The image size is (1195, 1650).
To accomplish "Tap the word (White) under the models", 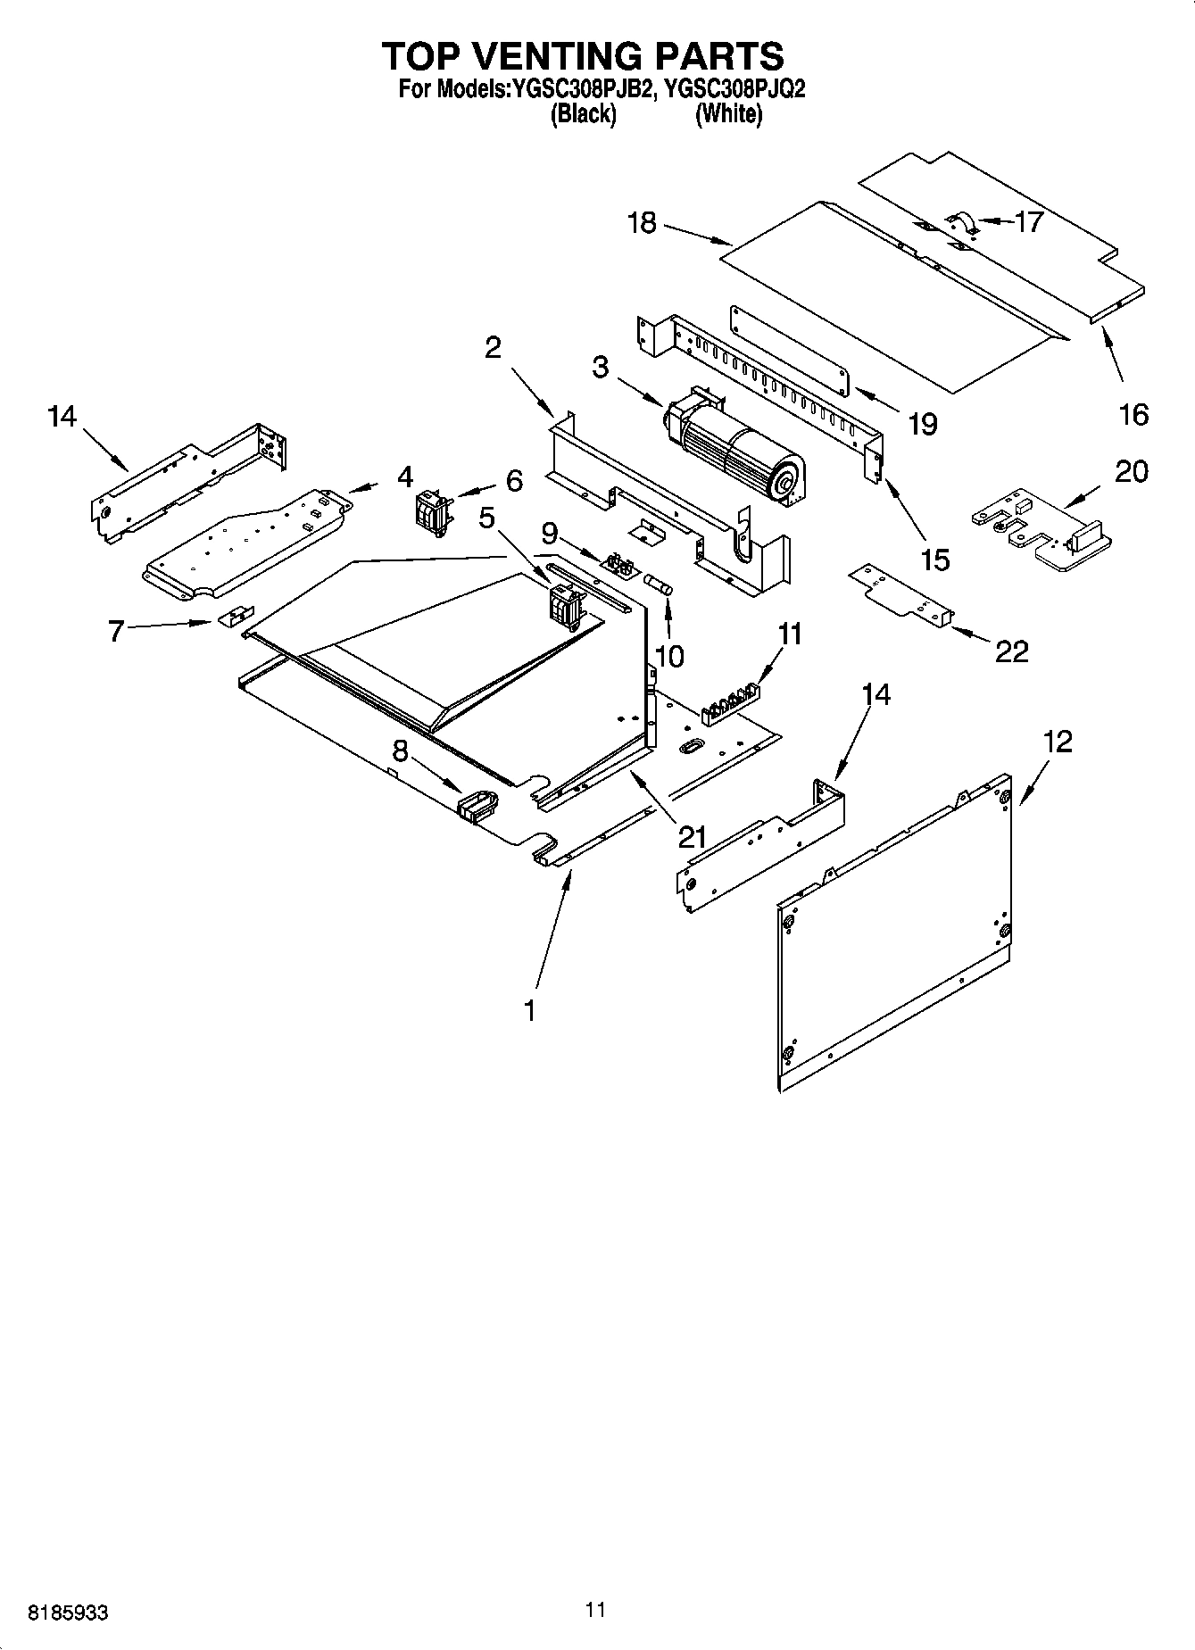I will [x=728, y=114].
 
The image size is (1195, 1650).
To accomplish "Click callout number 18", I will [x=642, y=223].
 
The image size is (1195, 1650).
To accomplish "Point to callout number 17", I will [x=1028, y=221].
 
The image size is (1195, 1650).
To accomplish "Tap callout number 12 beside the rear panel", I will [x=1058, y=742].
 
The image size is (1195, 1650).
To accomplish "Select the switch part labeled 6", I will [x=433, y=513].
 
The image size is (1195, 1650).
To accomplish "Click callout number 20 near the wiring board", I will [x=1131, y=471].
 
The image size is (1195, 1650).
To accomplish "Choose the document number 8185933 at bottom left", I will [x=69, y=1613].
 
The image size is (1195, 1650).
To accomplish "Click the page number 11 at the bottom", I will [x=596, y=1609].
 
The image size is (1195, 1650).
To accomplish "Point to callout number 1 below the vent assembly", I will [x=530, y=1010].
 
